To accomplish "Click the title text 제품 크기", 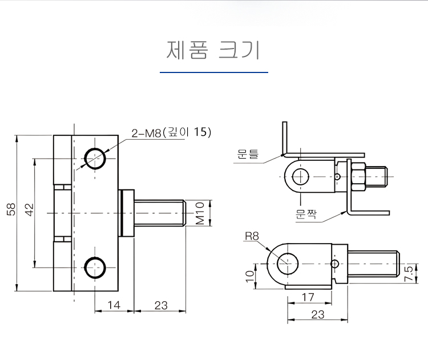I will pos(213,50).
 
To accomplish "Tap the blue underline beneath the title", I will pos(213,72).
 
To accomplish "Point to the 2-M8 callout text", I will pos(171,133).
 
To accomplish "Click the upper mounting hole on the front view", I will pos(95,158).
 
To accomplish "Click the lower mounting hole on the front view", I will pos(95,267).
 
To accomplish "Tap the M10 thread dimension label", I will pos(200,213).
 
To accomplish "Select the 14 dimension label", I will pos(114,305).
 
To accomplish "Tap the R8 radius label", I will pos(252,236).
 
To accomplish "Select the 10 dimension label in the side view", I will pos(249,276).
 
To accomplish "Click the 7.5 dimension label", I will pos(408,274).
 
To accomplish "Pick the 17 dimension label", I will pos(308,297).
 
